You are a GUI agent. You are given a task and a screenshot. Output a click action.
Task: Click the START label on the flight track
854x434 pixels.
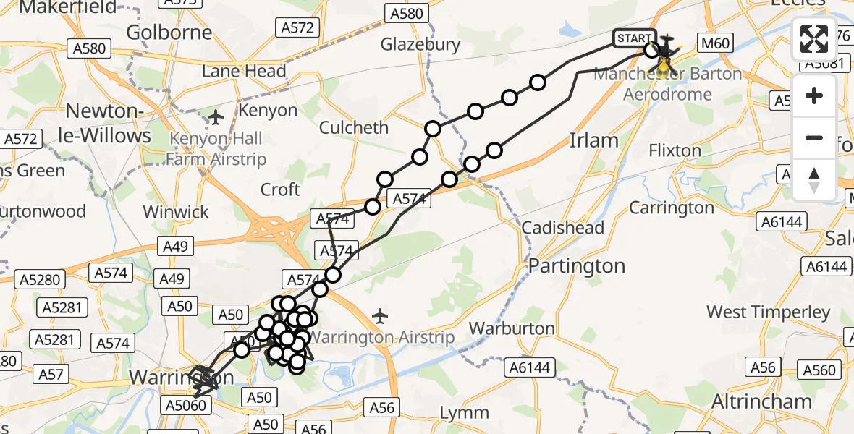(x=635, y=38)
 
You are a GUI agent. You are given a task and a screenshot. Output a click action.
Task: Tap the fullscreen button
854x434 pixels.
(x=814, y=39)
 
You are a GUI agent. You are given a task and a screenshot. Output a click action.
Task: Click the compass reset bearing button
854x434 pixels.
(x=814, y=180)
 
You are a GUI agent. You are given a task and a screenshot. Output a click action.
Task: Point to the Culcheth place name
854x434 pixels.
(x=354, y=127)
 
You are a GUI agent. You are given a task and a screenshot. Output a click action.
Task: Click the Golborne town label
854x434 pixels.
(x=169, y=33)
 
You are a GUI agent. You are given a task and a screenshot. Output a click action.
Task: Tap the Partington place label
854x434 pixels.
(x=576, y=266)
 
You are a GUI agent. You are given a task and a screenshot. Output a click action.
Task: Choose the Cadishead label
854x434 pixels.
(x=563, y=228)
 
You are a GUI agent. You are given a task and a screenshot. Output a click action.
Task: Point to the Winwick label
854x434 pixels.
(x=176, y=212)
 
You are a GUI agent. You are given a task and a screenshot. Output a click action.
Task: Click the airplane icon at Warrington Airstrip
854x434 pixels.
(x=379, y=316)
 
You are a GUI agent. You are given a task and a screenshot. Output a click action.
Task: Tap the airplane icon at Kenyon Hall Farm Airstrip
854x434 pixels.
(x=216, y=116)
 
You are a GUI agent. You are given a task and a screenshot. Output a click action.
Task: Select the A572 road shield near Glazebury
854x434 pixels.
(x=297, y=27)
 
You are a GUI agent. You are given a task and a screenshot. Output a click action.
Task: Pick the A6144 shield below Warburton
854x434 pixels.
(x=533, y=367)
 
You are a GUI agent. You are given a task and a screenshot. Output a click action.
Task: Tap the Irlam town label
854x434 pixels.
(x=594, y=140)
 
